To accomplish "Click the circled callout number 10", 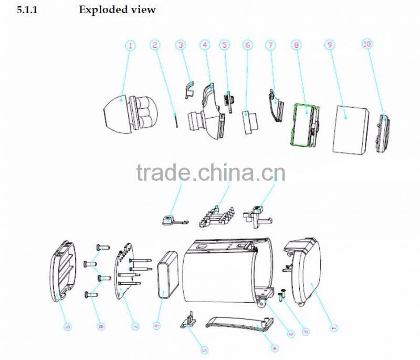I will pos(367,44).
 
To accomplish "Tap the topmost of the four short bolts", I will pos(102,247).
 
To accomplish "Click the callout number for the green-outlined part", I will pos(297,45).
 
